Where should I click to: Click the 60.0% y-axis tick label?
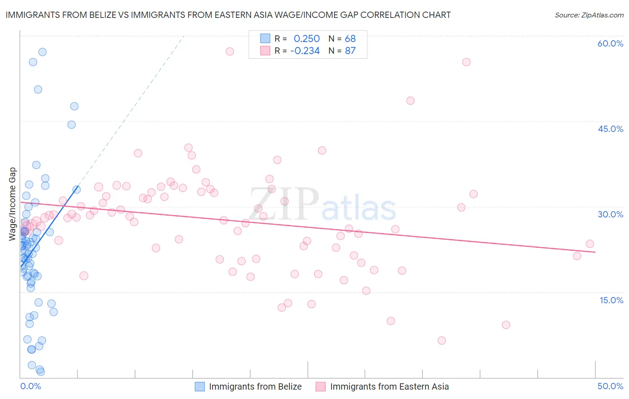[610, 43]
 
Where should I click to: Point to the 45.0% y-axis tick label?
[610, 129]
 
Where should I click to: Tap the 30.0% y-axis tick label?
[610, 214]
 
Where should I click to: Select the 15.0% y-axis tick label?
[611, 300]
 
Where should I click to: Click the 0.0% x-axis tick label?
[30, 386]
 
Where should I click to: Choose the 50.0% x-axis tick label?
[610, 386]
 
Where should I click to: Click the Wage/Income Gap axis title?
[13, 204]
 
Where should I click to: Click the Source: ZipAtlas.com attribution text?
[589, 15]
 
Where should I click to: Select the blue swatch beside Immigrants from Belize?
[200, 386]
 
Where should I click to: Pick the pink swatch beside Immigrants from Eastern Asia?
[321, 386]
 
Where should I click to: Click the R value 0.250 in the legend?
[306, 38]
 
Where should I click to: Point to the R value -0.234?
[305, 51]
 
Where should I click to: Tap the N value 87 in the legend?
[350, 51]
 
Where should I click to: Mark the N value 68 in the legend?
[350, 38]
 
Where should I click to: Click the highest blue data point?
[42, 52]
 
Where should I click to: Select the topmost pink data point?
[229, 51]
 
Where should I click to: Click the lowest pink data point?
[442, 340]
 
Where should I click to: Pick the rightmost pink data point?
[590, 244]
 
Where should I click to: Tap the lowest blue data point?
[41, 372]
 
